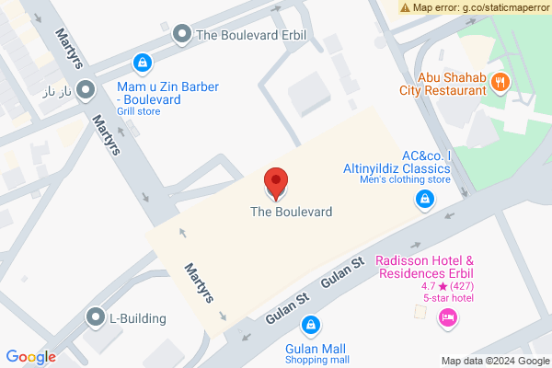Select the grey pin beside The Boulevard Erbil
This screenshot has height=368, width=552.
tap(182, 36)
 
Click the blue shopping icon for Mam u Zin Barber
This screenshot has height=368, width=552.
tap(142, 63)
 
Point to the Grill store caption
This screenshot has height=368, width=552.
tap(139, 112)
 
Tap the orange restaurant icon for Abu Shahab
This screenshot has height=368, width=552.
tap(500, 81)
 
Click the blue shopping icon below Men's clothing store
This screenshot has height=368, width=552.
tap(424, 199)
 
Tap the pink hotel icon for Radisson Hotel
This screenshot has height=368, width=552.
tap(448, 318)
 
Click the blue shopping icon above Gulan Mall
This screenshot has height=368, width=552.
tap(312, 325)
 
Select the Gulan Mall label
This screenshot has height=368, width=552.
tap(316, 349)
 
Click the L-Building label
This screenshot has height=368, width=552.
tap(138, 319)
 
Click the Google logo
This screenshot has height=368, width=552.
tap(31, 357)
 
